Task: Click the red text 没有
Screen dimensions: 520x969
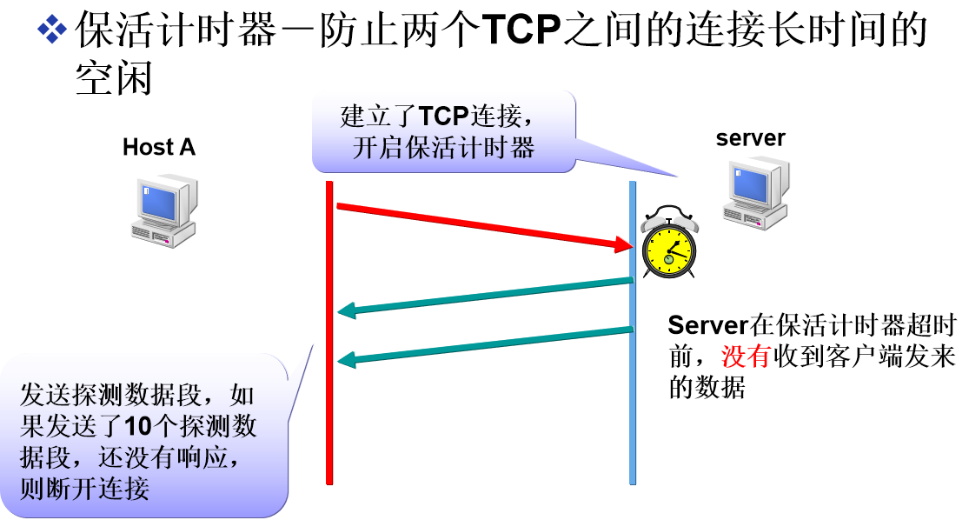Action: click(746, 357)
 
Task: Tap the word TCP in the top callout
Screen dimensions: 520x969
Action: click(443, 117)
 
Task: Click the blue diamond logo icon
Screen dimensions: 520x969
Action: click(52, 29)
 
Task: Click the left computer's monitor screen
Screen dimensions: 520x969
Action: click(159, 201)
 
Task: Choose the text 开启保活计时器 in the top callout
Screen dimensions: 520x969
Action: click(443, 147)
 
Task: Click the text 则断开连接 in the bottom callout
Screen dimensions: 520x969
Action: click(84, 489)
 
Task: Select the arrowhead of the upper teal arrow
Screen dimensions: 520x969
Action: click(347, 310)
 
